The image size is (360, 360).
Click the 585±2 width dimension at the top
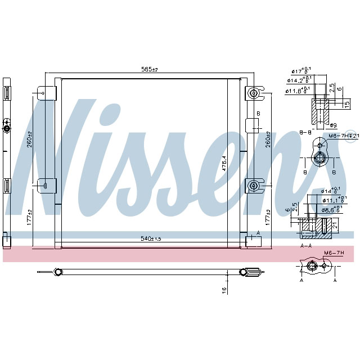150,69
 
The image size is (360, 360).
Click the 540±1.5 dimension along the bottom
150,238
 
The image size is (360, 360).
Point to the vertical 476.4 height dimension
223,163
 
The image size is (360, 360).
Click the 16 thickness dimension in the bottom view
223,289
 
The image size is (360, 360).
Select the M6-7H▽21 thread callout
343,136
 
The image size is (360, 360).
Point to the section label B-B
306,132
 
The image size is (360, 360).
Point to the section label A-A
306,245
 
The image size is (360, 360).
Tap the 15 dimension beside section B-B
348,106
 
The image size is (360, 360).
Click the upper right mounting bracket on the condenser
254,93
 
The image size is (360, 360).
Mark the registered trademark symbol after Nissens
352,137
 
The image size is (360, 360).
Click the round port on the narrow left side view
7,129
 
